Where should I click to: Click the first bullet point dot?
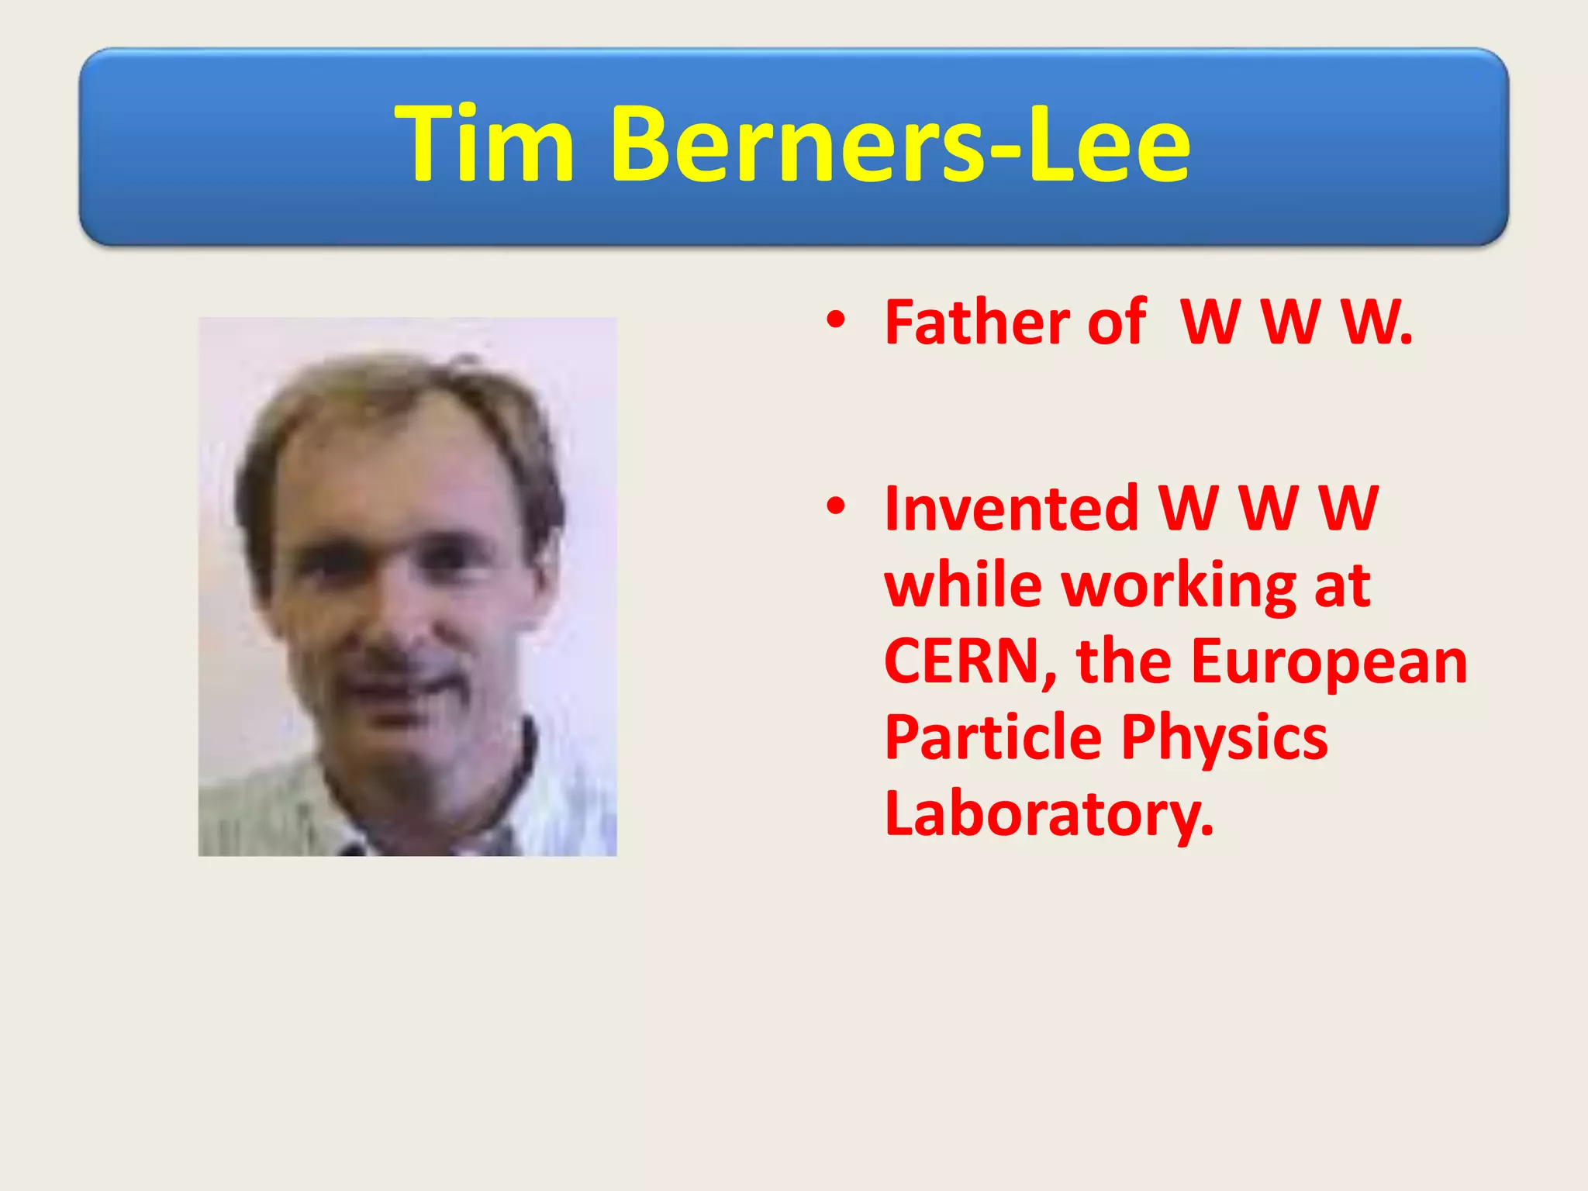[x=835, y=319]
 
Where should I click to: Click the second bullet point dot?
[x=835, y=506]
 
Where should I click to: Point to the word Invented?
[x=1011, y=509]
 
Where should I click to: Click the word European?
[x=1328, y=663]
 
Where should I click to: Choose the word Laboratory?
[x=1048, y=814]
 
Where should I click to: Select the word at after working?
[x=1342, y=587]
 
